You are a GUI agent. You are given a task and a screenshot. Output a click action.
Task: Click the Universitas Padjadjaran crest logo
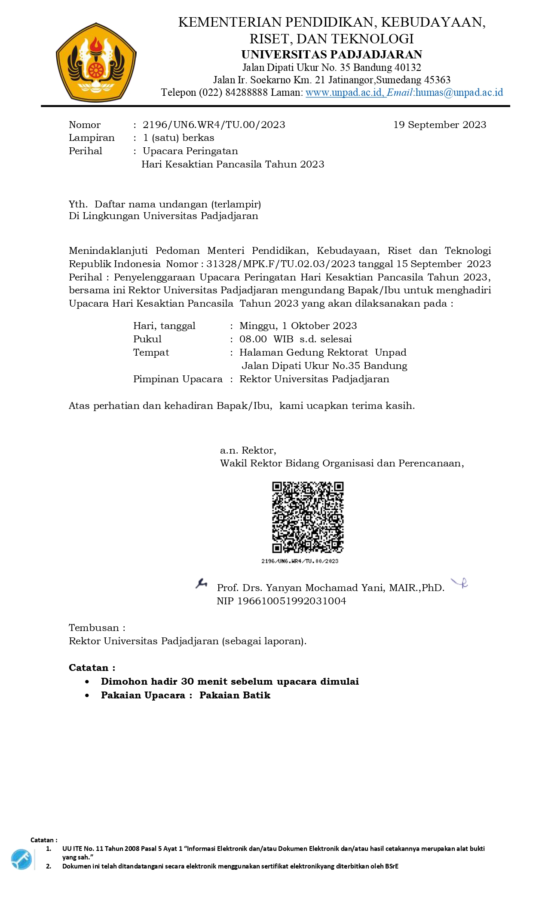pyautogui.click(x=96, y=63)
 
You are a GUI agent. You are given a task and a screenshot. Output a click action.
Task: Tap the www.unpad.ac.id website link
pyautogui.click(x=345, y=92)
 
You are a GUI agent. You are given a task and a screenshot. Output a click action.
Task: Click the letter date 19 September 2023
pyautogui.click(x=440, y=125)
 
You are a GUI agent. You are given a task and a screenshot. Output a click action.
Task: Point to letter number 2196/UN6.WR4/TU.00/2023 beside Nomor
pyautogui.click(x=214, y=125)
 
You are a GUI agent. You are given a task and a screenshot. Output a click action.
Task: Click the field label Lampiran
pyautogui.click(x=92, y=138)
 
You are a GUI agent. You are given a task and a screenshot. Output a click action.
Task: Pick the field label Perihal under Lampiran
pyautogui.click(x=86, y=151)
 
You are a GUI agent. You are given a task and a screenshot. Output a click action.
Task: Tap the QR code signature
pyautogui.click(x=308, y=517)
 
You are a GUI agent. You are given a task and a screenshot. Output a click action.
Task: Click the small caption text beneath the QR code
pyautogui.click(x=300, y=561)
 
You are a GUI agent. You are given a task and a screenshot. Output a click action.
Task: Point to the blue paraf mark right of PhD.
pyautogui.click(x=459, y=583)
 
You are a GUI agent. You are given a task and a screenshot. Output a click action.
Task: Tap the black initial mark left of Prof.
pyautogui.click(x=201, y=583)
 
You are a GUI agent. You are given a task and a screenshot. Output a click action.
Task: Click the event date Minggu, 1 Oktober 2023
pyautogui.click(x=298, y=326)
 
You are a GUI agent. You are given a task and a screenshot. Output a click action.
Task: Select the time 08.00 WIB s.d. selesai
pyautogui.click(x=295, y=339)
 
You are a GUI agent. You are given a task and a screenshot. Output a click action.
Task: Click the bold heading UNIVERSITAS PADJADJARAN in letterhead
pyautogui.click(x=331, y=55)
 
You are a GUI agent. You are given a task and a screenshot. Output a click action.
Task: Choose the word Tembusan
pyautogui.click(x=94, y=628)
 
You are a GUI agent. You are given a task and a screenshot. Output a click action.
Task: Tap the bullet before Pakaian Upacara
pyautogui.click(x=87, y=695)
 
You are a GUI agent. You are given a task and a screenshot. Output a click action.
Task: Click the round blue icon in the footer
pyautogui.click(x=21, y=859)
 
